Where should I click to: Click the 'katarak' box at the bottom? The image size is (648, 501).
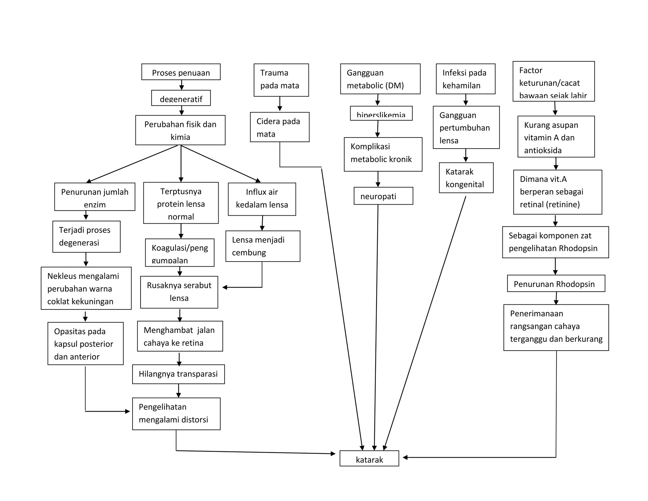[x=369, y=458]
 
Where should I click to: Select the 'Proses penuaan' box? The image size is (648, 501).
[x=181, y=72]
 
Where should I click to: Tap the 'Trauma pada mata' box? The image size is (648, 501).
[x=281, y=80]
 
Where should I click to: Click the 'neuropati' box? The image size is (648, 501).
[x=383, y=196]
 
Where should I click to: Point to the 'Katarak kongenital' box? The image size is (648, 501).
[x=466, y=178]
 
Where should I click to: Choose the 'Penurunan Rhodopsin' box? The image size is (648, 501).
[x=556, y=283]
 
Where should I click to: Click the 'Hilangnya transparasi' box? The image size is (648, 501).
[x=178, y=374]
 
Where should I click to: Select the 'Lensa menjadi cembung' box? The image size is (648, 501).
[x=263, y=246]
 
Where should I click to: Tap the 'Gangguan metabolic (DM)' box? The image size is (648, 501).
[x=380, y=79]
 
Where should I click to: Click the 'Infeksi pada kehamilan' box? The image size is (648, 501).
[x=465, y=79]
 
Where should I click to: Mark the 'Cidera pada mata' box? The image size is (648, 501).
[x=279, y=127]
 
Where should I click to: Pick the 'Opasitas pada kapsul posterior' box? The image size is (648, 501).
[x=85, y=344]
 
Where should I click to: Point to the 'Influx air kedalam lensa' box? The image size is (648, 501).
[x=262, y=199]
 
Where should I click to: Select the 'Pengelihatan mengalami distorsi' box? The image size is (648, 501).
[x=176, y=414]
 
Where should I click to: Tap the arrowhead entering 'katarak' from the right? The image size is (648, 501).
[x=405, y=457]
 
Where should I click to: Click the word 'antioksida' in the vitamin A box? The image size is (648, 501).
[x=543, y=150]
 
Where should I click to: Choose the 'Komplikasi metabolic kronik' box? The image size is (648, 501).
[x=383, y=154]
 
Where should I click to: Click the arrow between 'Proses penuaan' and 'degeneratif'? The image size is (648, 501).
[x=182, y=85]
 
